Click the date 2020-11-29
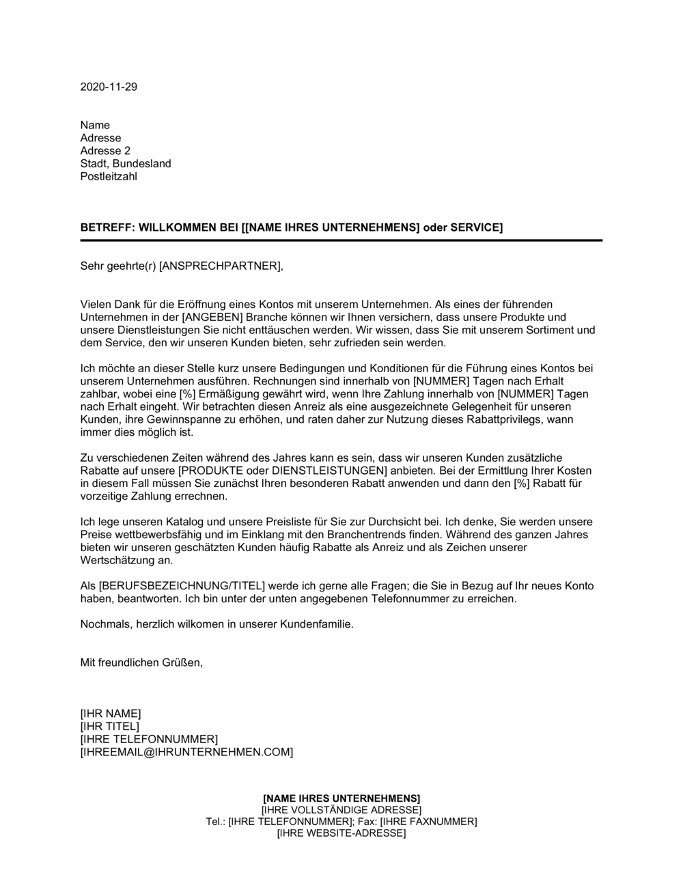(109, 87)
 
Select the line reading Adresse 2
(105, 150)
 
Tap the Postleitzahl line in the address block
(109, 176)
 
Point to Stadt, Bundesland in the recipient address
(126, 163)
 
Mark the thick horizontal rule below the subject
(341, 240)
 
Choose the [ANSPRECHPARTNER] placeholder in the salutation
(219, 266)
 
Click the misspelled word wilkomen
(209, 624)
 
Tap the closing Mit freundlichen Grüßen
(141, 662)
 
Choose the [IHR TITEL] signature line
(109, 726)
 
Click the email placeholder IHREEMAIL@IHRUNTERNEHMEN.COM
(186, 752)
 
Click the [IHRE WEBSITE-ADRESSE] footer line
(341, 833)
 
